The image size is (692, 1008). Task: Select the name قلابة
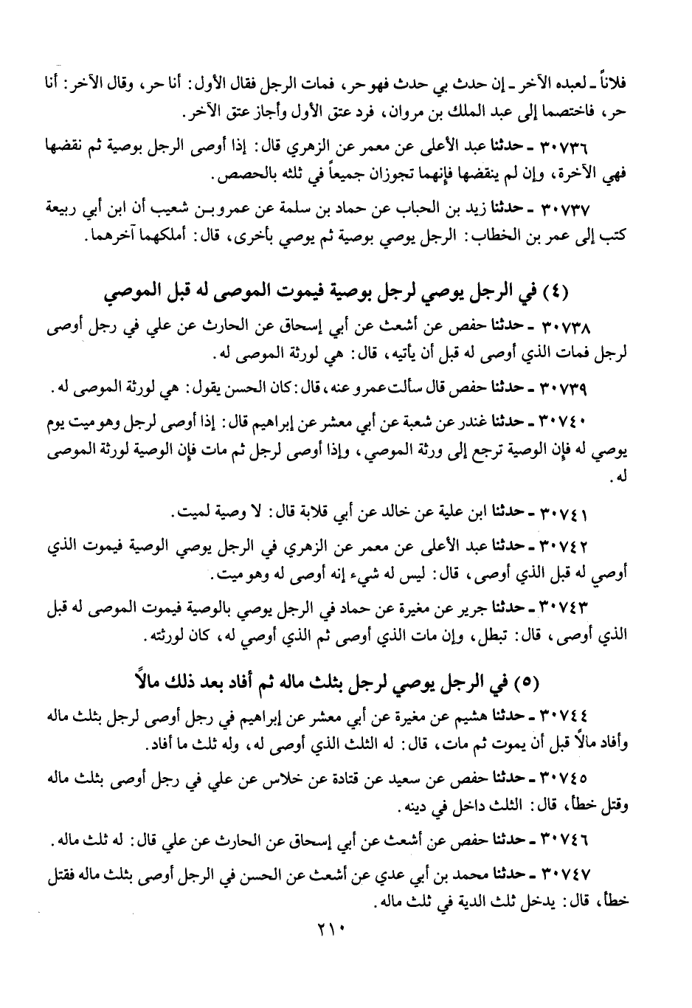coord(322,512)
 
